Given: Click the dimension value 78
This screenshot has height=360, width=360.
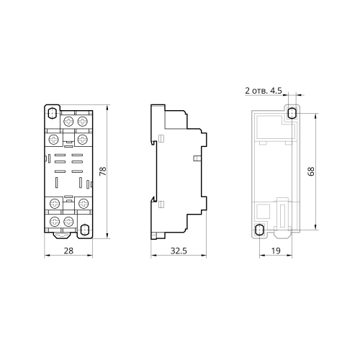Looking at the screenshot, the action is (103, 171).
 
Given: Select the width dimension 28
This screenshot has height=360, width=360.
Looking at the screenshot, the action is (68, 251).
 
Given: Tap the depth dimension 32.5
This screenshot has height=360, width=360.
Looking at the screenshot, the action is (179, 251).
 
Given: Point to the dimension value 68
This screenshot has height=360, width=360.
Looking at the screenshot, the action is (311, 171).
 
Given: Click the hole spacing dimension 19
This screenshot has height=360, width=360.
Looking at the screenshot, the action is (276, 251).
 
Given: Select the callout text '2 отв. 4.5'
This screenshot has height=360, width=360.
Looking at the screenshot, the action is (264, 91).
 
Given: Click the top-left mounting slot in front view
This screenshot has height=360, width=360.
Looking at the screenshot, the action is (52, 113).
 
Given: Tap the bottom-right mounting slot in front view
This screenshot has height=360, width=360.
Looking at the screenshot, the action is (84, 230).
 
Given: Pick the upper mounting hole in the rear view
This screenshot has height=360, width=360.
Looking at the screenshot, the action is (292, 113).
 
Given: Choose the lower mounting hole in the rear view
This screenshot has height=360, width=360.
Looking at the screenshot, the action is (259, 230).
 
